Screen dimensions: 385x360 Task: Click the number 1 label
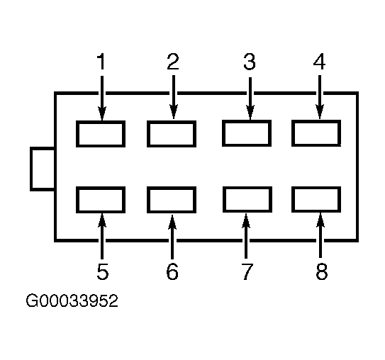[101, 62]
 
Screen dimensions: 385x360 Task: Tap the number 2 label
[173, 62]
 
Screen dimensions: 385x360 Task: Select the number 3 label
[250, 62]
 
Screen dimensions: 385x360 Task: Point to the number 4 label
[319, 62]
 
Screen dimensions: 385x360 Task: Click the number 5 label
[103, 271]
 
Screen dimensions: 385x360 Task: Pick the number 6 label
[172, 271]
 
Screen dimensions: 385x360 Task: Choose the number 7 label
[247, 271]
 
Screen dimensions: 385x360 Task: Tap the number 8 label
[322, 271]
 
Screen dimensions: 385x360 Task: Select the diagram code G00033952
[72, 300]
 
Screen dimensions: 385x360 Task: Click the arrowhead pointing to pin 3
[250, 113]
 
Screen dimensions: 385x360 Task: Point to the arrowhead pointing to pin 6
[172, 223]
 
